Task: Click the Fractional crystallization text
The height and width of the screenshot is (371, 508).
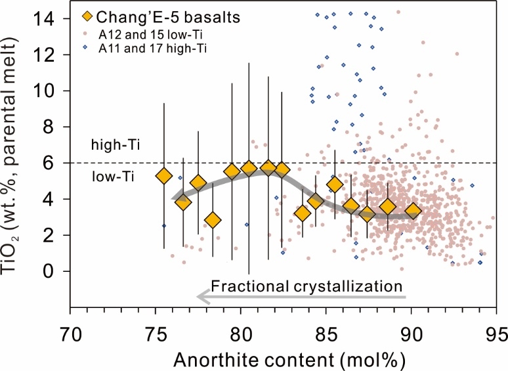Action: [306, 286]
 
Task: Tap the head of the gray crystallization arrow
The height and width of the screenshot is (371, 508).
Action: [204, 299]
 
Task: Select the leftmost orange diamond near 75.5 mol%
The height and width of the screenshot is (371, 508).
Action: [164, 176]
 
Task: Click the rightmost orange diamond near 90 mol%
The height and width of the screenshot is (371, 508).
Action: [413, 211]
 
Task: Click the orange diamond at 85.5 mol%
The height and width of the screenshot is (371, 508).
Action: [335, 185]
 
